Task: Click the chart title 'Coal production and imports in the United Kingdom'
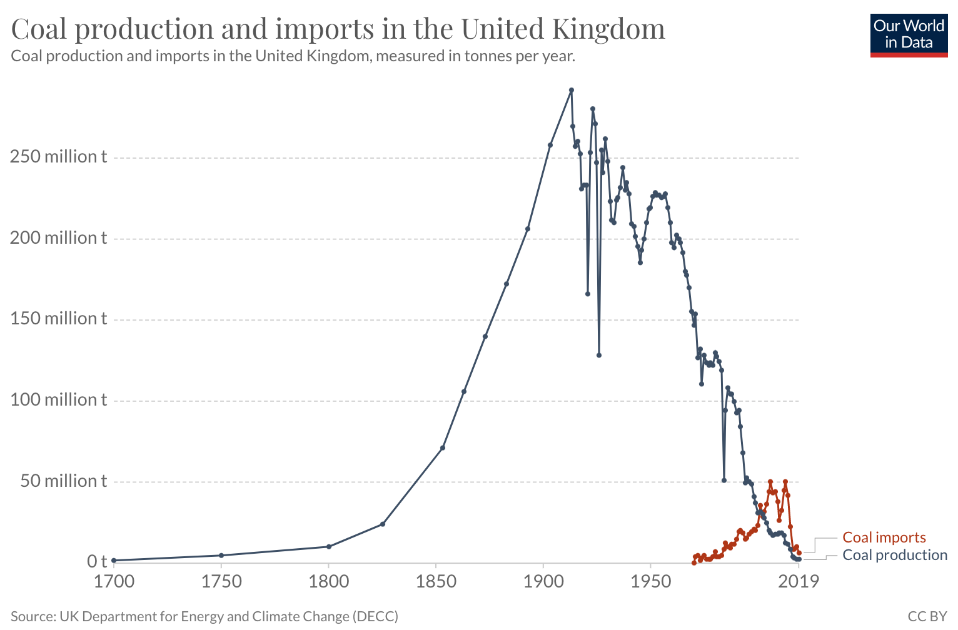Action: click(338, 29)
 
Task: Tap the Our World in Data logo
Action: click(909, 36)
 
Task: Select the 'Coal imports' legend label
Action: click(884, 537)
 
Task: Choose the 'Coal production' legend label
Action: click(895, 555)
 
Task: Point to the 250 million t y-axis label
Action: click(59, 157)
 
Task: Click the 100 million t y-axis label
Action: click(59, 400)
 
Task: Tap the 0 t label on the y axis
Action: click(97, 562)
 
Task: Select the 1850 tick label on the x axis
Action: click(436, 582)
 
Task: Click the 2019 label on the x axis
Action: click(798, 582)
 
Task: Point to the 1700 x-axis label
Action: click(114, 582)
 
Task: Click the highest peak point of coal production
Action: click(572, 90)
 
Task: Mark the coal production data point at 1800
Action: click(329, 547)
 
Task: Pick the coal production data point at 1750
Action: click(221, 555)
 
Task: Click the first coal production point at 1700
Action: click(114, 561)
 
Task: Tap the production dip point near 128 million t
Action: click(599, 355)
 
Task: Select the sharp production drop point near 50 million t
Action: click(724, 481)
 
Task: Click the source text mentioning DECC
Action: click(204, 616)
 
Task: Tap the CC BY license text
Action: click(927, 616)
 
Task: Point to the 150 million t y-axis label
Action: click(59, 319)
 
